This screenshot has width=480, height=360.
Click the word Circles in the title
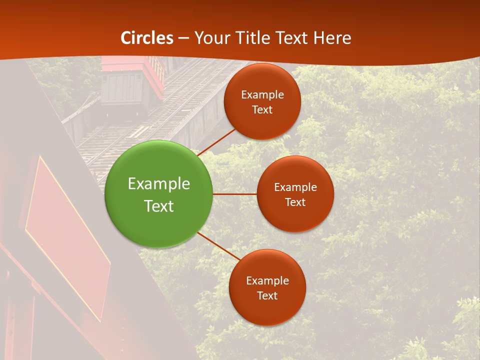click(147, 38)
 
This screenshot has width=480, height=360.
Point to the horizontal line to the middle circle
click(234, 194)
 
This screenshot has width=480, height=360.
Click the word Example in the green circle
click(159, 184)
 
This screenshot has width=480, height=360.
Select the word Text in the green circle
click(159, 206)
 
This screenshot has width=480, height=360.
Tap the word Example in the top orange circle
click(262, 95)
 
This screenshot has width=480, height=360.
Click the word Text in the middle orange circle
click(295, 202)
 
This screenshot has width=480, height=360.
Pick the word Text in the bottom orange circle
click(267, 295)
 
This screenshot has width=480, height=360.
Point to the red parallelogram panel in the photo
click(67, 235)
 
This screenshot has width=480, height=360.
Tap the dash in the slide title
click(183, 38)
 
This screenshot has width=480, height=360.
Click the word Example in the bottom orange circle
click(267, 280)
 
